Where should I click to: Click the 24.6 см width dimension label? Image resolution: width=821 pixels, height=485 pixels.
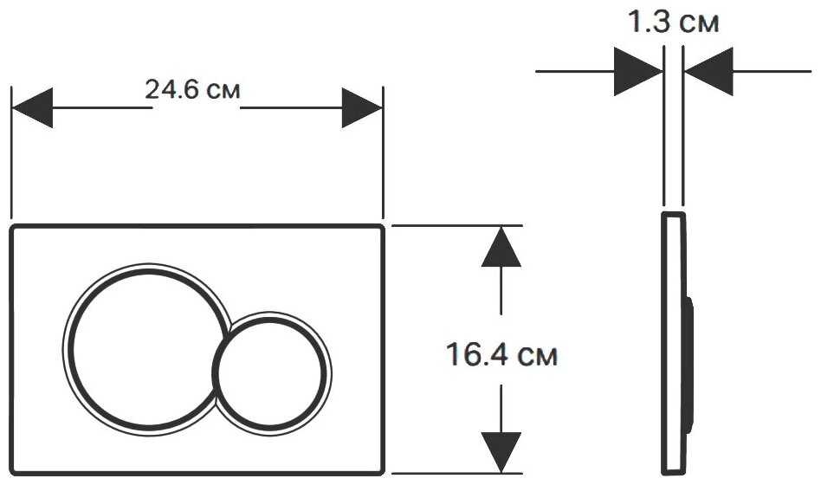(192, 89)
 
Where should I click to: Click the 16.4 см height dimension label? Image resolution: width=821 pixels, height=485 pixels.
(501, 354)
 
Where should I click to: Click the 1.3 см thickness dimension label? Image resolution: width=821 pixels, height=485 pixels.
(674, 22)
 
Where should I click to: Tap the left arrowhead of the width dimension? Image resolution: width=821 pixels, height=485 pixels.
(32, 108)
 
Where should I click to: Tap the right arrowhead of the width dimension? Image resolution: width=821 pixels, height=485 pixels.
(362, 108)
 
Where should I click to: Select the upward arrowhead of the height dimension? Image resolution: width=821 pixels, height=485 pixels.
(501, 246)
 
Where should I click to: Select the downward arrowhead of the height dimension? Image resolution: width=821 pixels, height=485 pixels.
(501, 452)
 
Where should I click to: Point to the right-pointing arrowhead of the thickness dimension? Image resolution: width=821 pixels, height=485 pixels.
(638, 71)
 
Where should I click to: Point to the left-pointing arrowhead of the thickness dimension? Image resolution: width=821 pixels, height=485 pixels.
(708, 71)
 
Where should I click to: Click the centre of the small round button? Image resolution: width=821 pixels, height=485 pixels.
(272, 373)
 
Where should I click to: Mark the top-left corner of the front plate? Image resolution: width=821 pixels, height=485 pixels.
(11, 226)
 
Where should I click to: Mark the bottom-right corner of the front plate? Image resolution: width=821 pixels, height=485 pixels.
(384, 474)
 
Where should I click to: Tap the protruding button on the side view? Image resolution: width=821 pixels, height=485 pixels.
(689, 365)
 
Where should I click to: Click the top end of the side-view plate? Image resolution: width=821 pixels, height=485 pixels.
(674, 213)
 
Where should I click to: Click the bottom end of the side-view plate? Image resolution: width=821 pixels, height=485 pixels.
(674, 474)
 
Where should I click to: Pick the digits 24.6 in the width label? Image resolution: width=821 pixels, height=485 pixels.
(171, 89)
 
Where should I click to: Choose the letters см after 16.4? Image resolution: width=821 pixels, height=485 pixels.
(537, 356)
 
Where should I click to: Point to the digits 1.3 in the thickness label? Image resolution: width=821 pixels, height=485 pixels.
(650, 22)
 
